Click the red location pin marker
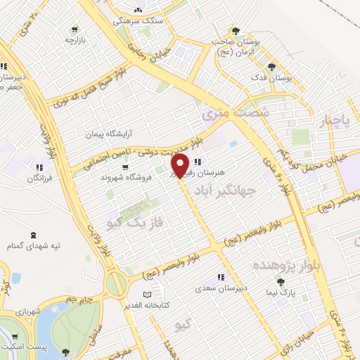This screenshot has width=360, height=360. tap(179, 165)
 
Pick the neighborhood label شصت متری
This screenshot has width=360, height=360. tap(235, 110)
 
